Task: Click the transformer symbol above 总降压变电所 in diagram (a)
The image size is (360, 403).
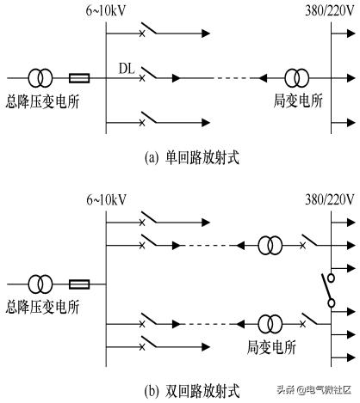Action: point(38,77)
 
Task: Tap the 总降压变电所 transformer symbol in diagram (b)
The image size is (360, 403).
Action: point(38,282)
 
